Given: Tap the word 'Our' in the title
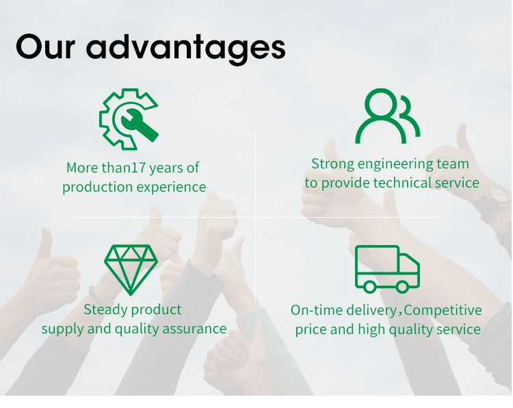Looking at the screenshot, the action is (45, 47).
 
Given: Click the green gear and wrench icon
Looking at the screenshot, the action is (129, 119).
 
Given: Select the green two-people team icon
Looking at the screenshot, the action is (388, 116).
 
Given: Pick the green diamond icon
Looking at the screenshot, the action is (131, 270).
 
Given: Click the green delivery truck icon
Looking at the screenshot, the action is (387, 269).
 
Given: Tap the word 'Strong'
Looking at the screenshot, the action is (332, 164).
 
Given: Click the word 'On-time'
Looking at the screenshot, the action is (317, 310).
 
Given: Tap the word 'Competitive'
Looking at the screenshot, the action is (443, 310).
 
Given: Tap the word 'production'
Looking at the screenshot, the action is (98, 188).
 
